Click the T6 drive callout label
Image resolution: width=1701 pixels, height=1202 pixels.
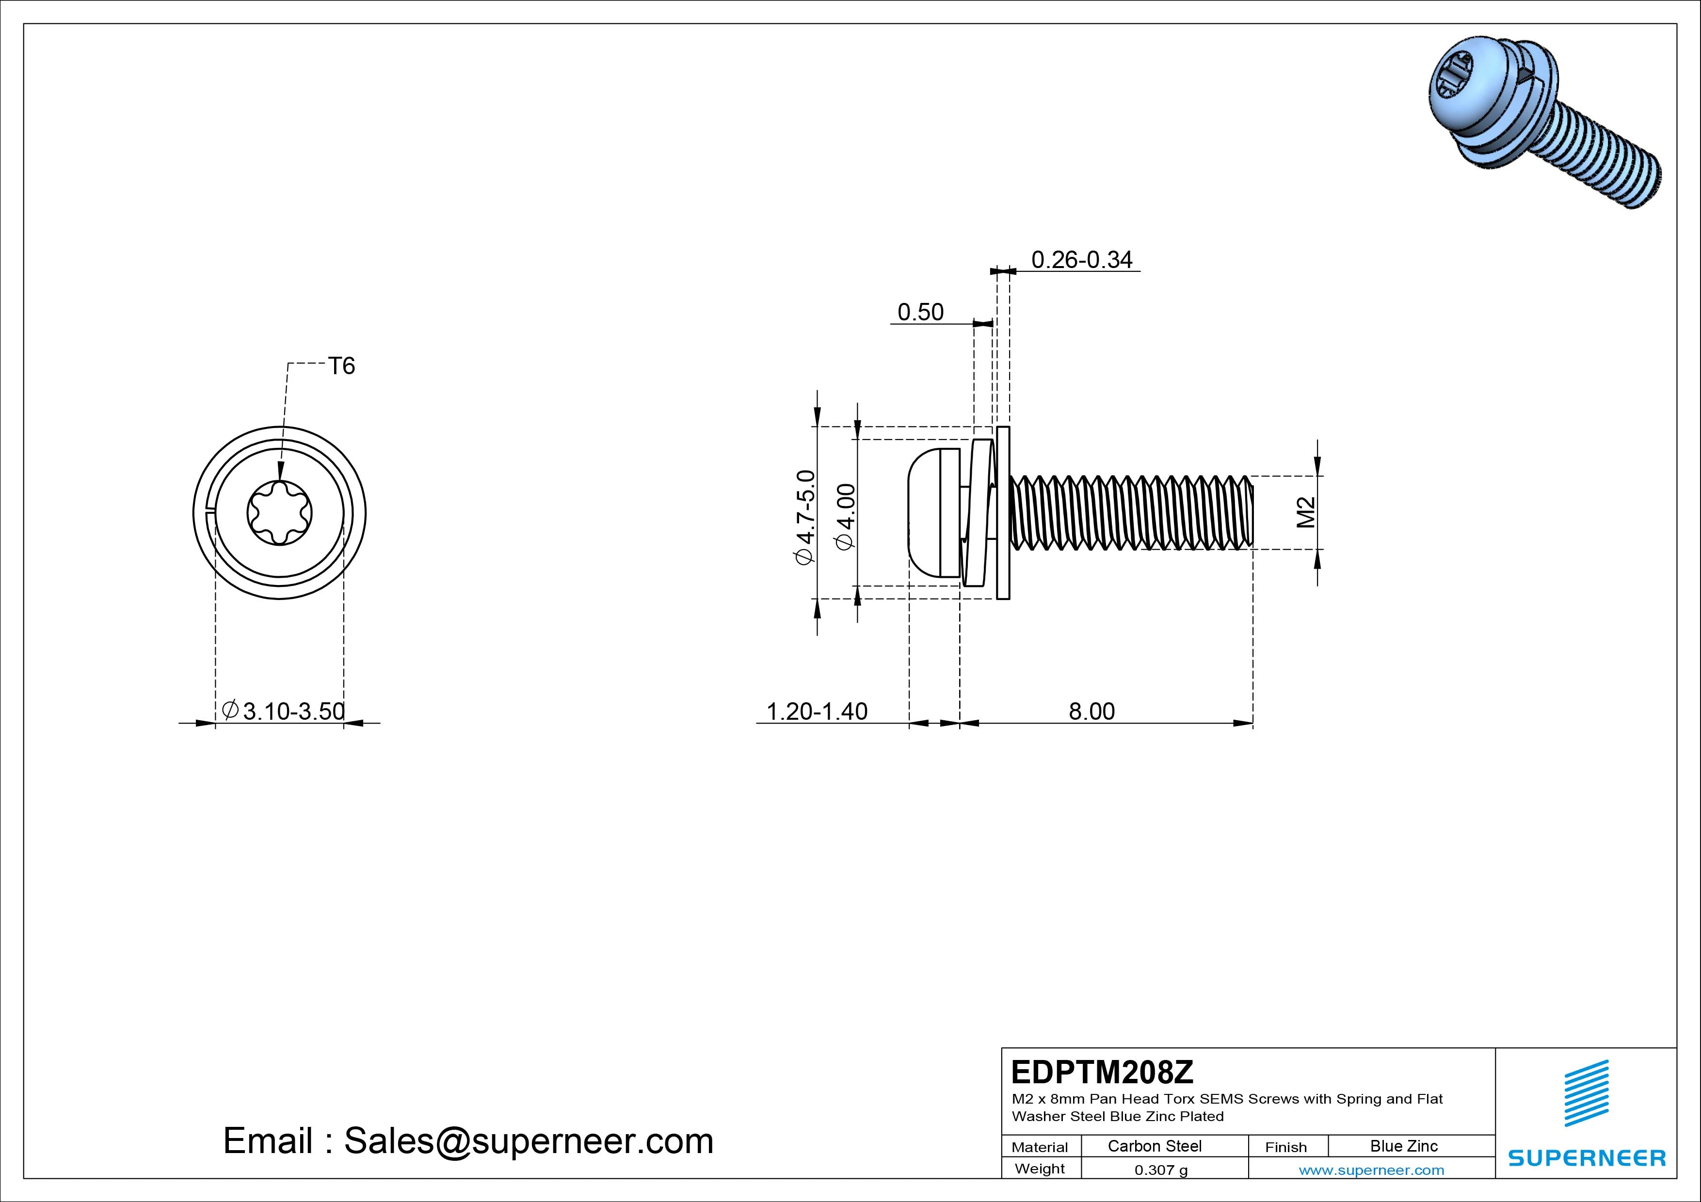[341, 366]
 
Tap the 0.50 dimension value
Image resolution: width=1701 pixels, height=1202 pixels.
[920, 313]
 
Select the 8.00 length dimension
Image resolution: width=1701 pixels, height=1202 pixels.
[1091, 712]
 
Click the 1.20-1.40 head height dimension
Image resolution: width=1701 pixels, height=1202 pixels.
[817, 712]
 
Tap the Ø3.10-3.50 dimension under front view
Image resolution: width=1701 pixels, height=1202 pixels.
[285, 712]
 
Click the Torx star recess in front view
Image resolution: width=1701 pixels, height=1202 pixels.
[279, 512]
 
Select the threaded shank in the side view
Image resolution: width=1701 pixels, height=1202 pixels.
[1130, 512]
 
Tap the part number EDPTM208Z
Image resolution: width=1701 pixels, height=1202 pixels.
[1102, 1072]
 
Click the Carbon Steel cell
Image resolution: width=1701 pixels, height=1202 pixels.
[1154, 1146]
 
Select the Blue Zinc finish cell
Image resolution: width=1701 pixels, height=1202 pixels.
[1403, 1146]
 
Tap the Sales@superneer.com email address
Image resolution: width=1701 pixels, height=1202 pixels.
[528, 1141]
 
